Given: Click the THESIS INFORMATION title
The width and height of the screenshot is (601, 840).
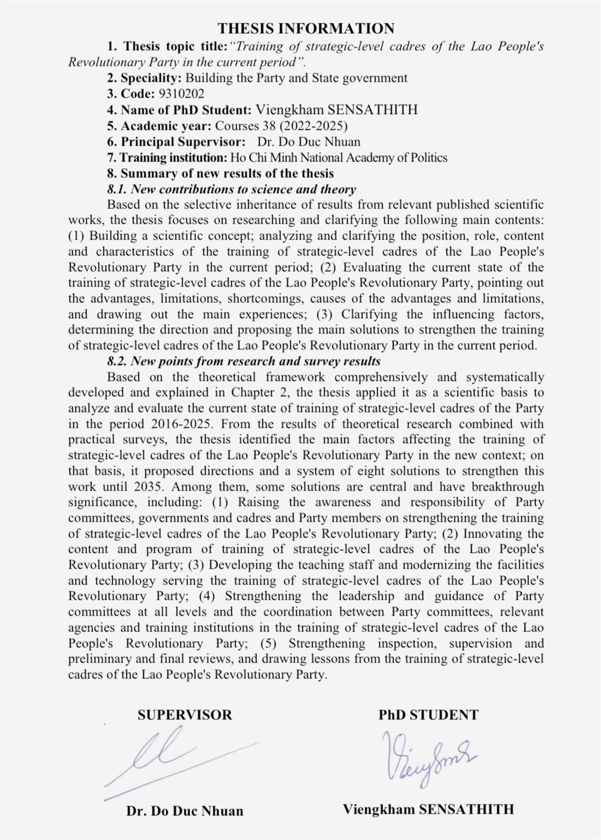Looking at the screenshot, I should [x=306, y=28].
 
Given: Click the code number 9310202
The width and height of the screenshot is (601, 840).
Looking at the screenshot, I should [x=181, y=94].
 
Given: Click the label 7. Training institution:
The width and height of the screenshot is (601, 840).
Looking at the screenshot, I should [x=167, y=158].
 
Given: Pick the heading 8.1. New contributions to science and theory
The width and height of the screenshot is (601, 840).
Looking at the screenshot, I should [x=231, y=189].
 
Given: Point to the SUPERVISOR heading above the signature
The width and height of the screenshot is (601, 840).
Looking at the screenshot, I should [x=185, y=715].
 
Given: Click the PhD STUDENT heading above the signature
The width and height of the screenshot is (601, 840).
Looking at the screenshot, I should [x=428, y=715].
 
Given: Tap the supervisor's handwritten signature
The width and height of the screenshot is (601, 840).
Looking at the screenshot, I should [x=170, y=756].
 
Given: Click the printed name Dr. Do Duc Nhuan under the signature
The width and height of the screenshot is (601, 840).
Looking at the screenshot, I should [x=185, y=811].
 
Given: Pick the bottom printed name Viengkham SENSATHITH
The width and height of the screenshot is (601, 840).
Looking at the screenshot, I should [x=428, y=809].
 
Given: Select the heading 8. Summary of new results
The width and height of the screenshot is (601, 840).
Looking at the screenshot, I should [x=220, y=174].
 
